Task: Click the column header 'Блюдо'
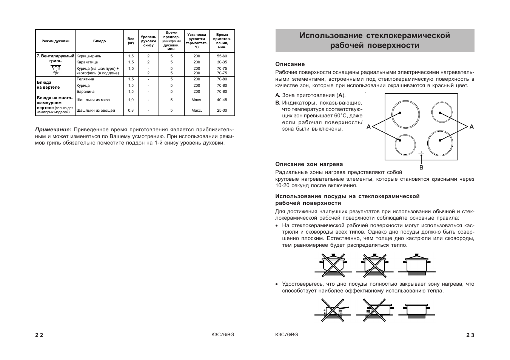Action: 99,41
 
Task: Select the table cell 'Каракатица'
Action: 87,62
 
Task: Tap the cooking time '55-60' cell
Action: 222,56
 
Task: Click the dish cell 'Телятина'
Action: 85,79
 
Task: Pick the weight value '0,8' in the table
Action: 131,111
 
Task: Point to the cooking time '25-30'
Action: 222,111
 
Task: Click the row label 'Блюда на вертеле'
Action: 48,85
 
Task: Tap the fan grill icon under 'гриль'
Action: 56,69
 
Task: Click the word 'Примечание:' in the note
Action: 53,130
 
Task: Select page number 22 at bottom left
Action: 39,335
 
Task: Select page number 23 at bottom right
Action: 470,335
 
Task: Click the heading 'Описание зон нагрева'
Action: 309,164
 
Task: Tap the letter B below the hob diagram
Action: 421,167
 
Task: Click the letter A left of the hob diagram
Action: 369,127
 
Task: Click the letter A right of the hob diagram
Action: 471,127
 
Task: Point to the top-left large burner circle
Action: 406,114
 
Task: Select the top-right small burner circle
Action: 442,112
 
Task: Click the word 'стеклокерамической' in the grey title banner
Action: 408,35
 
